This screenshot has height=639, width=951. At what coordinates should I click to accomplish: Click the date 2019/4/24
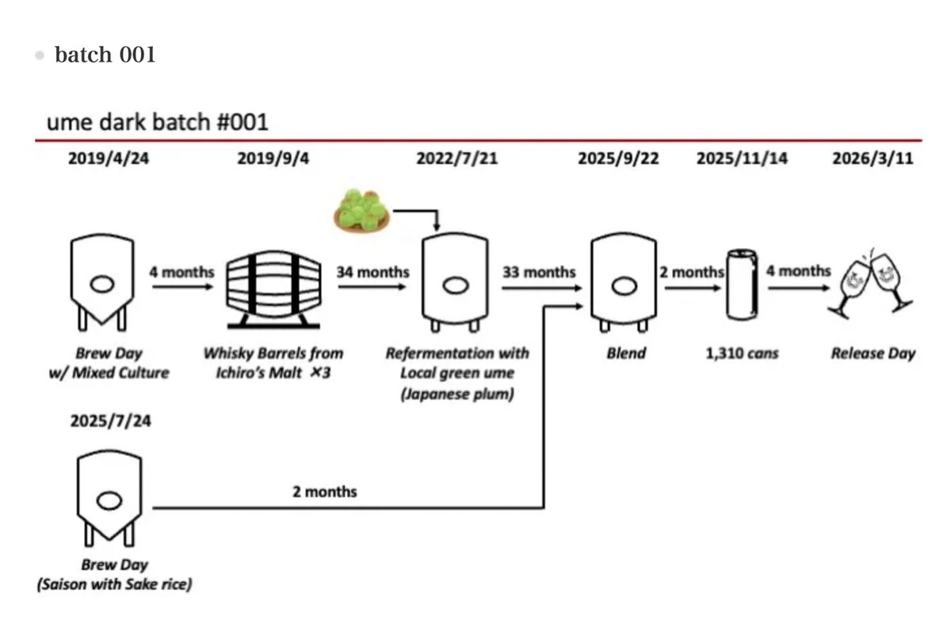tap(109, 159)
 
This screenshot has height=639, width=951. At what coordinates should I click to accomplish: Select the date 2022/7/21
tap(456, 159)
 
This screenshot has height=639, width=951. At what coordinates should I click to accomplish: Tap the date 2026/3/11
tap(873, 159)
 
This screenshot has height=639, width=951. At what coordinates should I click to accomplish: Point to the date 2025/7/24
tap(110, 421)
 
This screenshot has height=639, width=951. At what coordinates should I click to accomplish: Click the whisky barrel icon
tap(274, 289)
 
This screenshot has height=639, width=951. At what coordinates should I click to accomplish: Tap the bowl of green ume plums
tap(361, 211)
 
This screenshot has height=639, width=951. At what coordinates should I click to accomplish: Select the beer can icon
tap(742, 285)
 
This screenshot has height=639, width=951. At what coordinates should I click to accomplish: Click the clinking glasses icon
tap(870, 284)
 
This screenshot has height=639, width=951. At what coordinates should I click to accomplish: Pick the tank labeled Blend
tap(624, 282)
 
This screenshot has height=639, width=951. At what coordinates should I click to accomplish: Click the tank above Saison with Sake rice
tap(109, 498)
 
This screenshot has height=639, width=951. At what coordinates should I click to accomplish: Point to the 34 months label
tap(372, 272)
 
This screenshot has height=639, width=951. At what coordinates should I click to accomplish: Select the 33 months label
tap(539, 272)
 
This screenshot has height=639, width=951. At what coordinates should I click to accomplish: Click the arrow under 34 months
tap(372, 287)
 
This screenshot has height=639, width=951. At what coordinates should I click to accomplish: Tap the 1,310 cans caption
tap(742, 354)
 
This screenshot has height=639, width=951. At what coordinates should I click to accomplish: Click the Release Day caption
tap(873, 354)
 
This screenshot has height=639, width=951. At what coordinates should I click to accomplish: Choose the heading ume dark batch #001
tap(158, 122)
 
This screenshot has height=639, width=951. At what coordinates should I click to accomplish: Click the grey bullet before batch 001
tap(40, 55)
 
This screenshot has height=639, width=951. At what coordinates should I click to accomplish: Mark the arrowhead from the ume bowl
tap(437, 227)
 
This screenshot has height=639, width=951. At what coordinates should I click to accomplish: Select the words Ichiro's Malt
tap(259, 373)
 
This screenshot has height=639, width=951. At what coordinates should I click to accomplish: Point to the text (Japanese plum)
tap(457, 394)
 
